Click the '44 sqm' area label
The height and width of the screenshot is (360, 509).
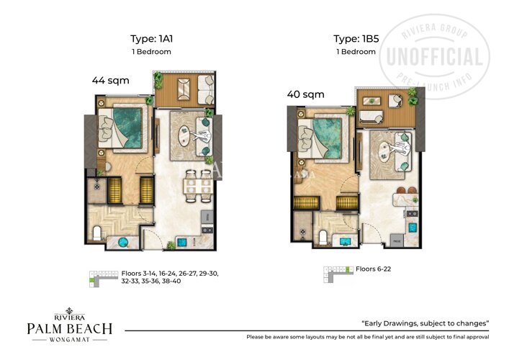coord(110,81)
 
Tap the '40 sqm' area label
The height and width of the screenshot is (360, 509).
coord(305,94)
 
